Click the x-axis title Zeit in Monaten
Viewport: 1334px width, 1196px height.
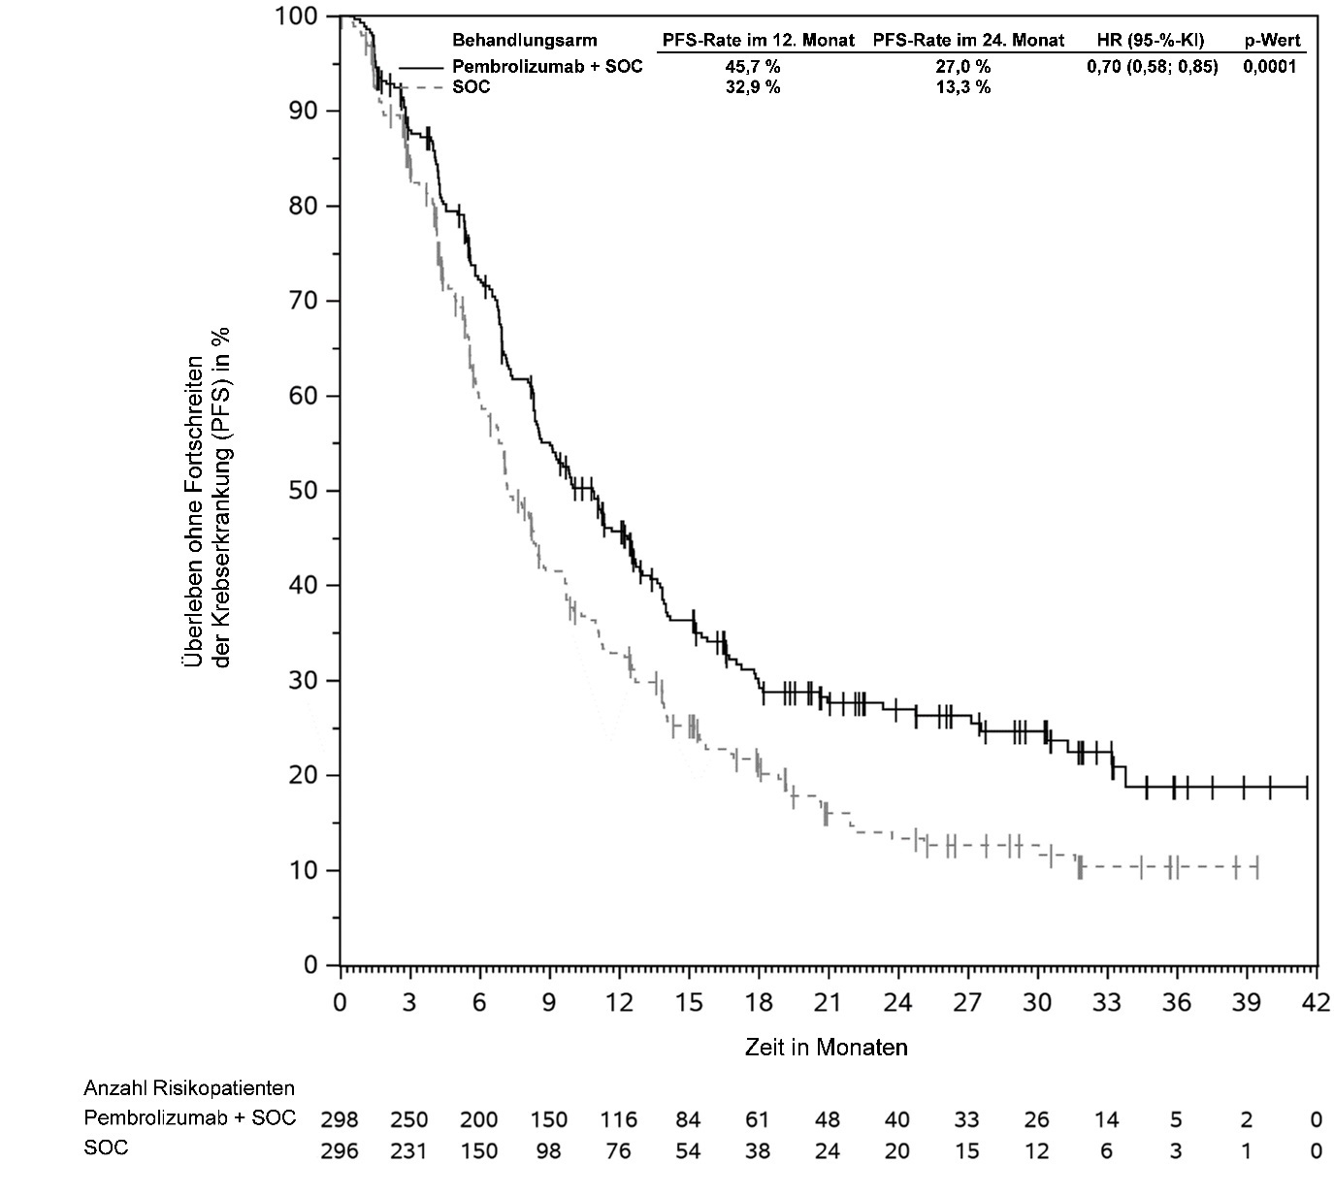pyautogui.click(x=826, y=1048)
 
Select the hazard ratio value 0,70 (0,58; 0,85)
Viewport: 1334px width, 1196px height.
pyautogui.click(x=1152, y=67)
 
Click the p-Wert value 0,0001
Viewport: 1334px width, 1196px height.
pyautogui.click(x=1269, y=67)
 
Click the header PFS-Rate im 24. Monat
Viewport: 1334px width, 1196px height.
pyautogui.click(x=968, y=41)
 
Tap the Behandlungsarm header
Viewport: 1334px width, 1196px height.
pyautogui.click(x=525, y=41)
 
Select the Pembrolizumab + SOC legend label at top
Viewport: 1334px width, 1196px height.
pyautogui.click(x=547, y=67)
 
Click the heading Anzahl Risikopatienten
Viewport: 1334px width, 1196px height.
pyautogui.click(x=189, y=1088)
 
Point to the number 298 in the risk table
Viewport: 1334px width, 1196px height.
pyautogui.click(x=339, y=1120)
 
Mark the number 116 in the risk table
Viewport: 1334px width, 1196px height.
pyautogui.click(x=618, y=1120)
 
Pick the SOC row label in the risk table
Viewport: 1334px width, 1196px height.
pyautogui.click(x=106, y=1148)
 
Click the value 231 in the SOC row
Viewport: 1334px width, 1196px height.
pyautogui.click(x=408, y=1151)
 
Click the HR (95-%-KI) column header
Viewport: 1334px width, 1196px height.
pyautogui.click(x=1152, y=41)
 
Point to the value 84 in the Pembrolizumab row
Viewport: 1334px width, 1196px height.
pyautogui.click(x=688, y=1120)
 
